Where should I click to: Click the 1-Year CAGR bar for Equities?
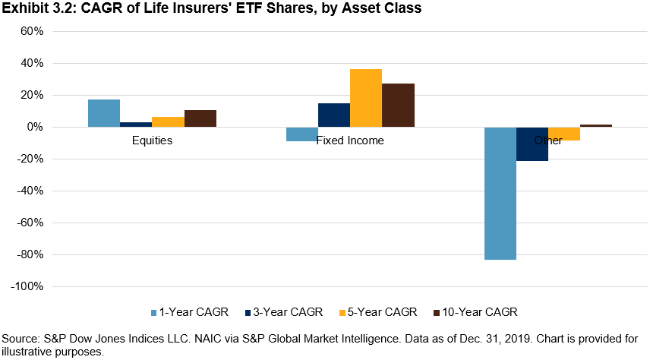click(x=104, y=113)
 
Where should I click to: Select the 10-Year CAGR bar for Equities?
click(x=200, y=118)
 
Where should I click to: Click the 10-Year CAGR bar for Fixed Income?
click(x=398, y=105)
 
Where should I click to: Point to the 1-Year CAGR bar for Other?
click(x=500, y=194)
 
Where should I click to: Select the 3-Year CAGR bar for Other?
click(x=532, y=144)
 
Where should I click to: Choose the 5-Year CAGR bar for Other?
click(x=564, y=134)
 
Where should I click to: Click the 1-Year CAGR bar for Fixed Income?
click(x=302, y=134)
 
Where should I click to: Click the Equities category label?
click(x=152, y=141)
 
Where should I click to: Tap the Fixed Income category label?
click(x=350, y=141)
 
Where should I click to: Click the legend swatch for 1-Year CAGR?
click(x=155, y=312)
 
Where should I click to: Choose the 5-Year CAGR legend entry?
click(x=380, y=312)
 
